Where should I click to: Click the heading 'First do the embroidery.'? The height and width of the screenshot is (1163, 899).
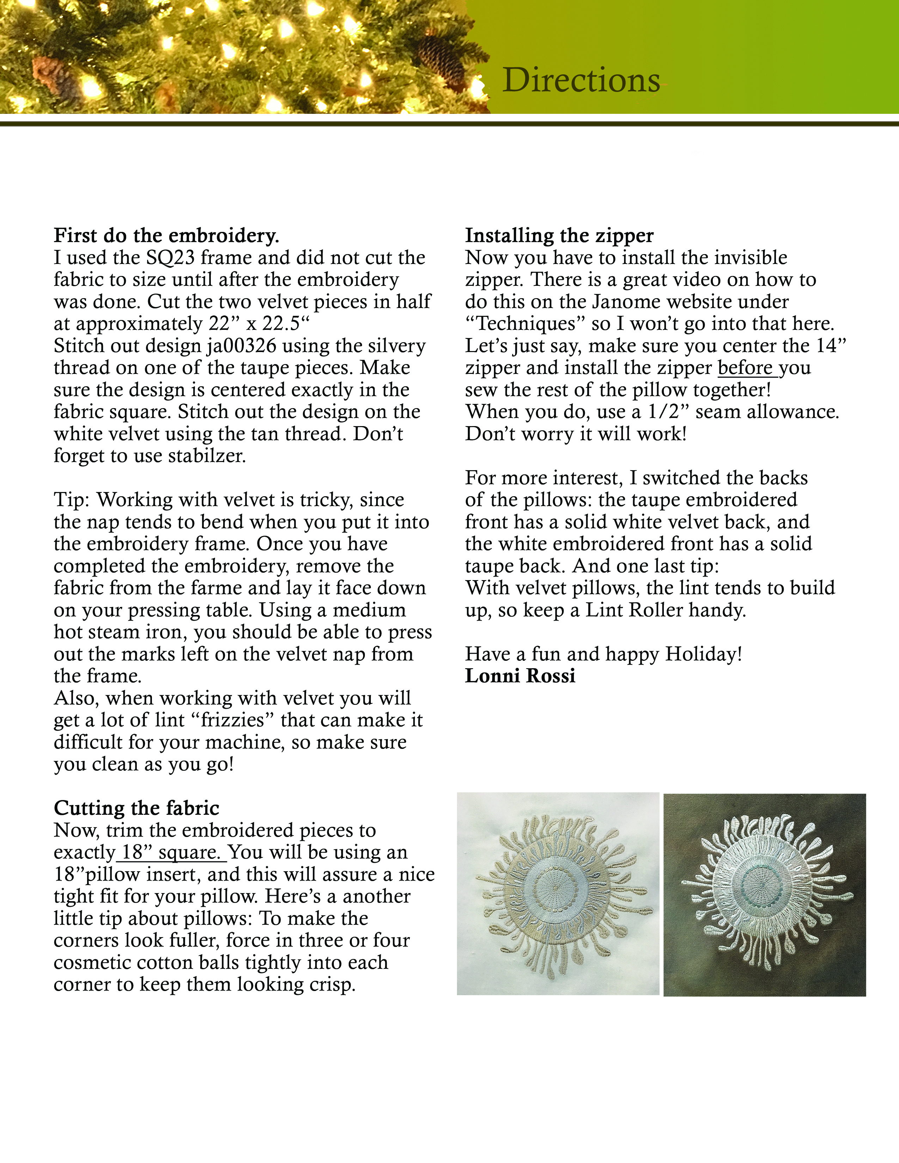pos(166,235)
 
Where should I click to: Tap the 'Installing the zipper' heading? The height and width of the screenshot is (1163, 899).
pos(559,235)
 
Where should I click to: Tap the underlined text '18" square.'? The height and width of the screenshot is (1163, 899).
pos(171,853)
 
